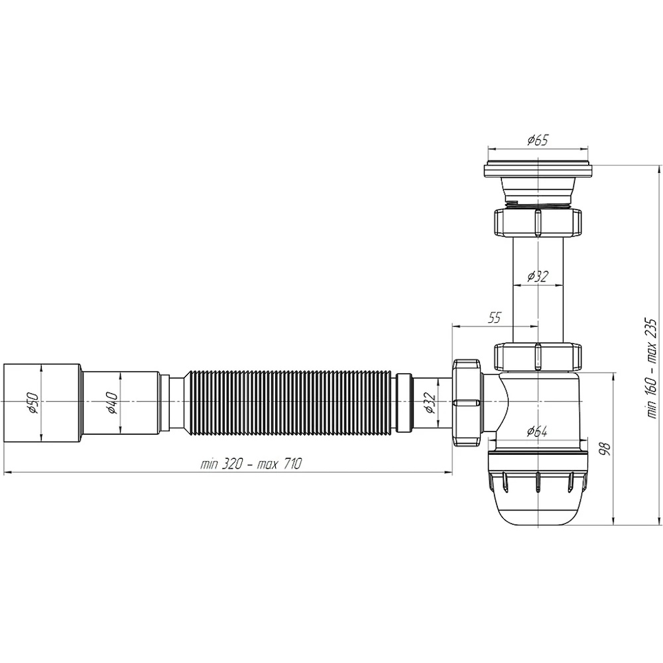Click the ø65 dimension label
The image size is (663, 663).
tap(538, 140)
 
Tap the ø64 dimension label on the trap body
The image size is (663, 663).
tap(537, 432)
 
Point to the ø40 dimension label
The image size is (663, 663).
tap(112, 403)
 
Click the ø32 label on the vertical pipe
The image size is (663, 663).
tap(538, 276)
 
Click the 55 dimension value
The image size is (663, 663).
tap(494, 318)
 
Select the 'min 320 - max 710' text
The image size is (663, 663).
tap(251, 464)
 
